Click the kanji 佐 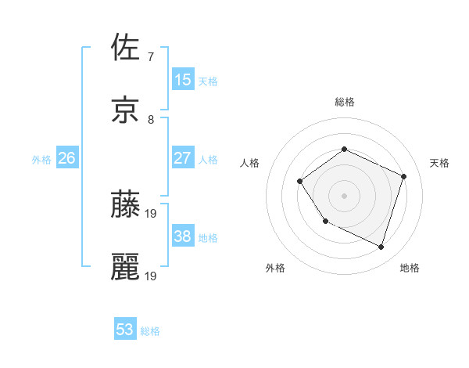pos(126,48)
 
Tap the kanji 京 pos(126,110)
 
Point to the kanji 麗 pos(126,266)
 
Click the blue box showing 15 pos(183,80)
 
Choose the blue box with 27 pos(183,158)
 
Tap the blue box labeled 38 pos(183,236)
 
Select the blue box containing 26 pos(66,158)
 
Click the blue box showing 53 pos(125,330)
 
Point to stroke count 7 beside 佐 pos(150,56)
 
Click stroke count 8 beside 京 pos(150,119)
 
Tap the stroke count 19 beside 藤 pos(152,212)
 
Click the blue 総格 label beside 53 pos(150,331)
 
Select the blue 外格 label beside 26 pos(41,160)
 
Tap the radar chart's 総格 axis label pos(345,102)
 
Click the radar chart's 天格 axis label pos(440,163)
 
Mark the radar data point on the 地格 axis pos(381,247)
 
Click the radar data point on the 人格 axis pos(300,182)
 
